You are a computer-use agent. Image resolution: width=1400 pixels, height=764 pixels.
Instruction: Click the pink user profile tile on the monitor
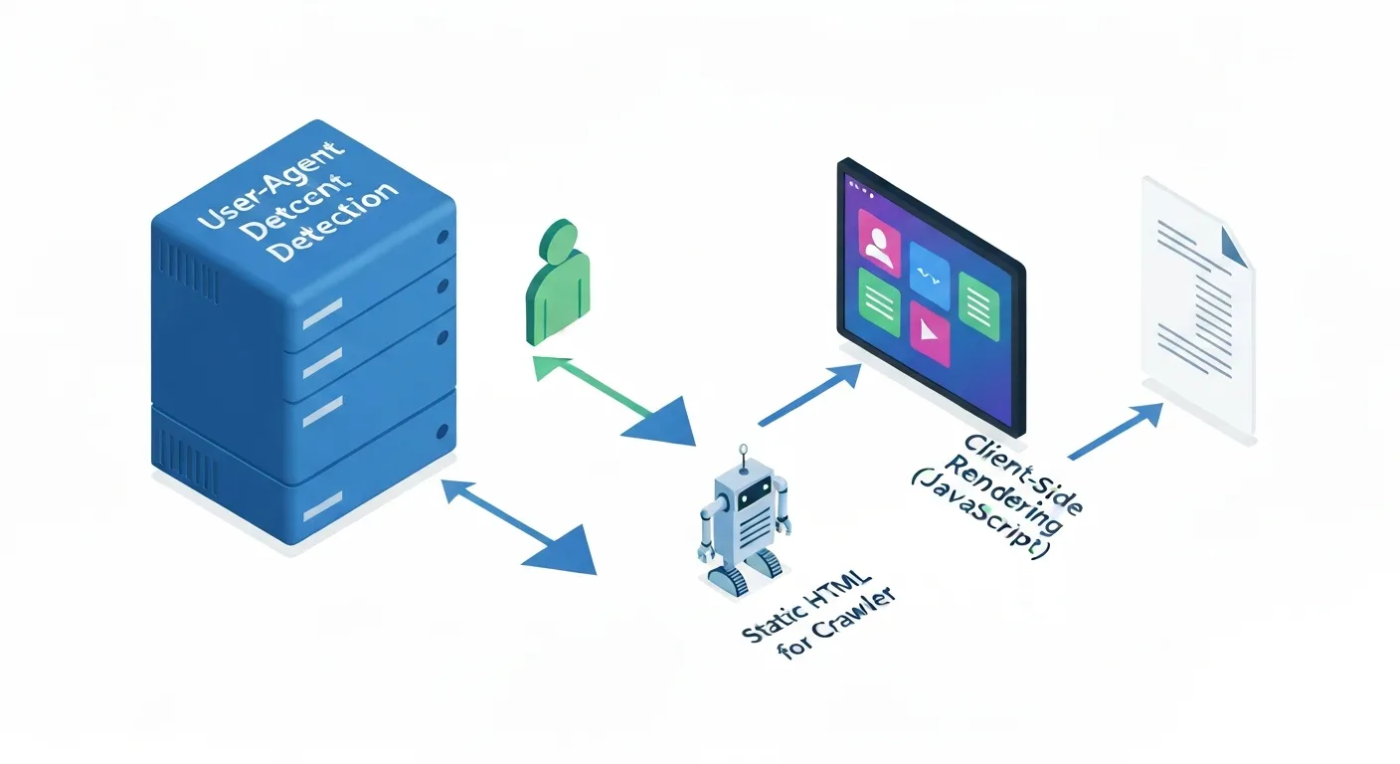tap(878, 240)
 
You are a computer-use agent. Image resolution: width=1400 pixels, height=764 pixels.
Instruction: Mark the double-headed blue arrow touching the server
tap(517, 525)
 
